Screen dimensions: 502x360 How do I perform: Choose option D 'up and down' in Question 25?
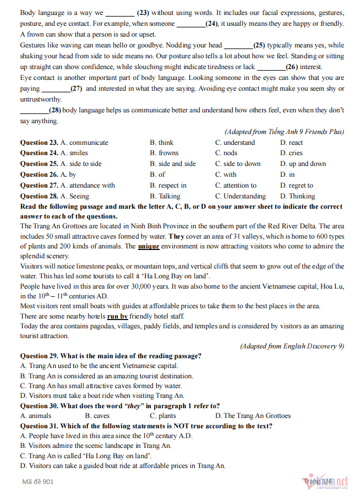303,164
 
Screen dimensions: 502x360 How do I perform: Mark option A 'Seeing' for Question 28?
75,196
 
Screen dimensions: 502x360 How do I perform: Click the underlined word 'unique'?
149,246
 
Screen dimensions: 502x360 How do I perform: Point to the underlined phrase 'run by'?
117,316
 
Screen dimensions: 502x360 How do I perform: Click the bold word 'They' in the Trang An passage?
176,236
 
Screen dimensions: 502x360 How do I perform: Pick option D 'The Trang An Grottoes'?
252,416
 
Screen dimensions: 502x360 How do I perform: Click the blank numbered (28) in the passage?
34,110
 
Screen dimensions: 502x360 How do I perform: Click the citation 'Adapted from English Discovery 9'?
292,346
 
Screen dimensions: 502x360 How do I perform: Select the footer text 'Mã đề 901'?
38,482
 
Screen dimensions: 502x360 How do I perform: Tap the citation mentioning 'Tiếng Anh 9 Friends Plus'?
284,132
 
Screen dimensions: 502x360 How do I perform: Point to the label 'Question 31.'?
39,426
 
